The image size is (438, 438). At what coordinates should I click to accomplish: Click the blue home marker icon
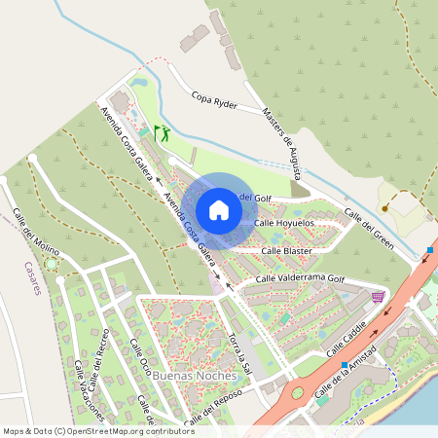tap(219, 209)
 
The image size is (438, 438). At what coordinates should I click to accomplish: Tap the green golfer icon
tap(162, 130)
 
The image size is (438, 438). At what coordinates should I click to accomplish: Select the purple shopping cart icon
tap(378, 296)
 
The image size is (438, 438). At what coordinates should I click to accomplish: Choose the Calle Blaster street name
tap(284, 250)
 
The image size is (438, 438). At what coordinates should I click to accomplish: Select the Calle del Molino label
tap(37, 235)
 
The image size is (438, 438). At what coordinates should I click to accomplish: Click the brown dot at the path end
tap(384, 207)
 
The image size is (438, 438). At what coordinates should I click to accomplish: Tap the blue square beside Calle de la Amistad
tap(344, 366)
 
